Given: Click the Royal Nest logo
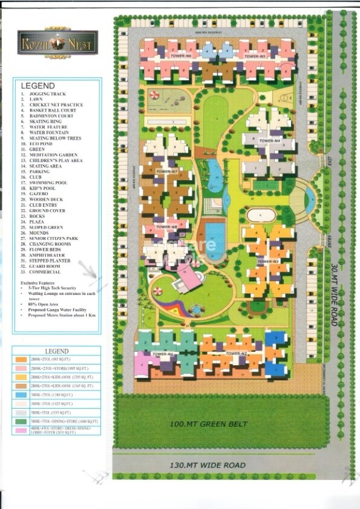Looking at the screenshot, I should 40,44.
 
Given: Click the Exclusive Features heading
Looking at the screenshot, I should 42,282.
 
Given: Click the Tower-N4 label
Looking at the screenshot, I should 269,140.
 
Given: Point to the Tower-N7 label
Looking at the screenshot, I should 166,172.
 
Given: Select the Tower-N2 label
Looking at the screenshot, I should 237,353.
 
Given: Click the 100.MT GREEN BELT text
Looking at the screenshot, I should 209,424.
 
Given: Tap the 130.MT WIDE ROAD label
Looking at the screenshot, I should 207,465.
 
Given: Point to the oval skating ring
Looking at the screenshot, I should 261,214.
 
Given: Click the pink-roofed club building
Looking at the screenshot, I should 188,279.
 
